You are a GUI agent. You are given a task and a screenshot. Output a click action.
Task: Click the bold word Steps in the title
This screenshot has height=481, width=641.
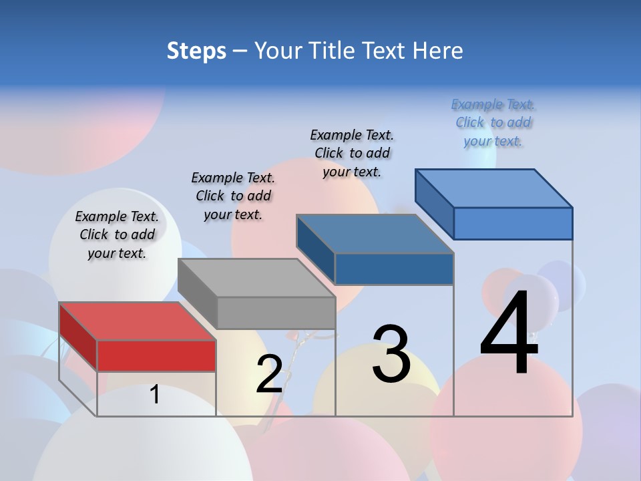coord(196,51)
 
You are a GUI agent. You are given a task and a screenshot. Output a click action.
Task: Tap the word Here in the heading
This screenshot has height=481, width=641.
coord(438,51)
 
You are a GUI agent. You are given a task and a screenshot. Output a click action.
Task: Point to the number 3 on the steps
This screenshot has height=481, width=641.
coord(391,354)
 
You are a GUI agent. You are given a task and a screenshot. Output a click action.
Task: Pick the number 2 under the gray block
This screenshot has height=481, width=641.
coord(269,374)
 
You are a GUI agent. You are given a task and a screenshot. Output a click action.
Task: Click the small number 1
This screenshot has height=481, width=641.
coord(155,395)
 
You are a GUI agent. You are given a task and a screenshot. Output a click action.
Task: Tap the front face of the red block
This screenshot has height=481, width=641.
coord(156,355)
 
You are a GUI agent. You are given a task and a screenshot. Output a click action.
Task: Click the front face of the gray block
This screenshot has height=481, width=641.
coord(276,313)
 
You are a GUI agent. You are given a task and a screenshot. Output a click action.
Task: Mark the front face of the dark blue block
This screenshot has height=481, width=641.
coord(394,269)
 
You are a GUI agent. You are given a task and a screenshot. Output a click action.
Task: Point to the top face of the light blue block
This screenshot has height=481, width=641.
coord(493,188)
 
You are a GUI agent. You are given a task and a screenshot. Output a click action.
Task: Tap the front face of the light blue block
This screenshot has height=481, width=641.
coord(513,223)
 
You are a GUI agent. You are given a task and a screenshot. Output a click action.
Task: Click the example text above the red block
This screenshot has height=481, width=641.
coord(117,234)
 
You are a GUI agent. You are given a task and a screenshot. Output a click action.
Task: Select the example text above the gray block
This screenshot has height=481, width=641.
coord(233,196)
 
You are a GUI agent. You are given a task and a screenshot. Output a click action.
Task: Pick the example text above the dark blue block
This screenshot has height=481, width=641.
coord(352,153)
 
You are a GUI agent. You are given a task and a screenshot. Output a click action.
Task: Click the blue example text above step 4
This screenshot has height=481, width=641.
coord(493,122)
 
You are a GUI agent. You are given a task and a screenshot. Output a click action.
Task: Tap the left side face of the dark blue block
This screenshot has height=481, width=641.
coord(315,249)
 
